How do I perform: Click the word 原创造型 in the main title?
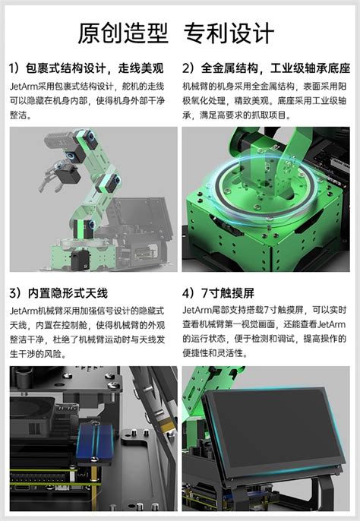coord(123,32)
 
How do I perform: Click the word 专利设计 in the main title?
coord(229,32)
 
